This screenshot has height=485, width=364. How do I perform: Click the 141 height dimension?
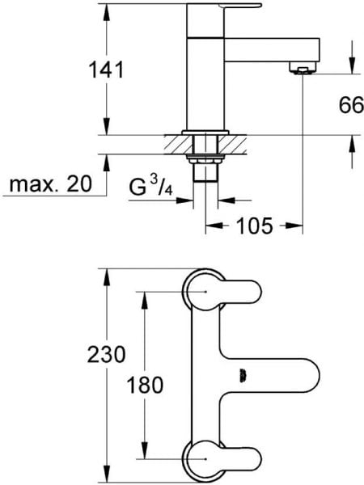point(106,70)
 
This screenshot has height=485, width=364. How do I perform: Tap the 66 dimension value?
point(351,105)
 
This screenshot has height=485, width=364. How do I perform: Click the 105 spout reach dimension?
point(255,226)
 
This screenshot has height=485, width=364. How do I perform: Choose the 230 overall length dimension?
point(106,354)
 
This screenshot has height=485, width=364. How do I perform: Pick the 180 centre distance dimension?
point(145,385)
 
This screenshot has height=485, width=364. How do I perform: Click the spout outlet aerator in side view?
point(303,68)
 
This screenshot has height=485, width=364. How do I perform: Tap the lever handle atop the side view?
point(241,6)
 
